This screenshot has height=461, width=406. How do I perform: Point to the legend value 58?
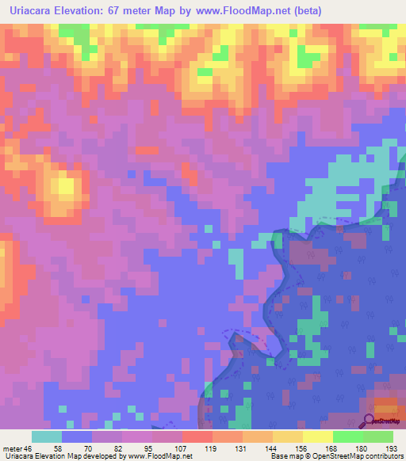[47, 448]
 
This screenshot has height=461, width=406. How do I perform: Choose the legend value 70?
[77, 448]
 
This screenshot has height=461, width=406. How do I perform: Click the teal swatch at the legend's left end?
[47, 436]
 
